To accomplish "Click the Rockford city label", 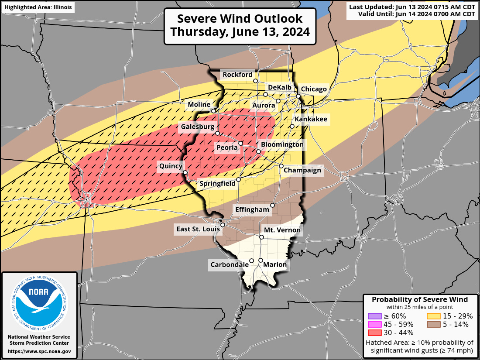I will point(237,75).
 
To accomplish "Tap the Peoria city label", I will point(227,148).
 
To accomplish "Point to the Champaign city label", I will point(302,170).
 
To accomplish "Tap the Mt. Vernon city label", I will point(282,230).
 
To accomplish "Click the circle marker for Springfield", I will point(239,179).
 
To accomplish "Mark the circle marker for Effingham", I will point(273,205).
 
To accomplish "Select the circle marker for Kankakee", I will point(292,126).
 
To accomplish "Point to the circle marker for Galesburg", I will point(217,133).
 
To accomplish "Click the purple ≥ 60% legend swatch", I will point(374,316).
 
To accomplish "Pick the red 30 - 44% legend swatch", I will point(374,333).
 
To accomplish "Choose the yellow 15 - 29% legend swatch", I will point(433,316).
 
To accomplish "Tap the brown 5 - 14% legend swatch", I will point(433,324).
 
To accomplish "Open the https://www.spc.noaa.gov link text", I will point(39,351).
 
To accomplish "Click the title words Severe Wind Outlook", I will point(240,19).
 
